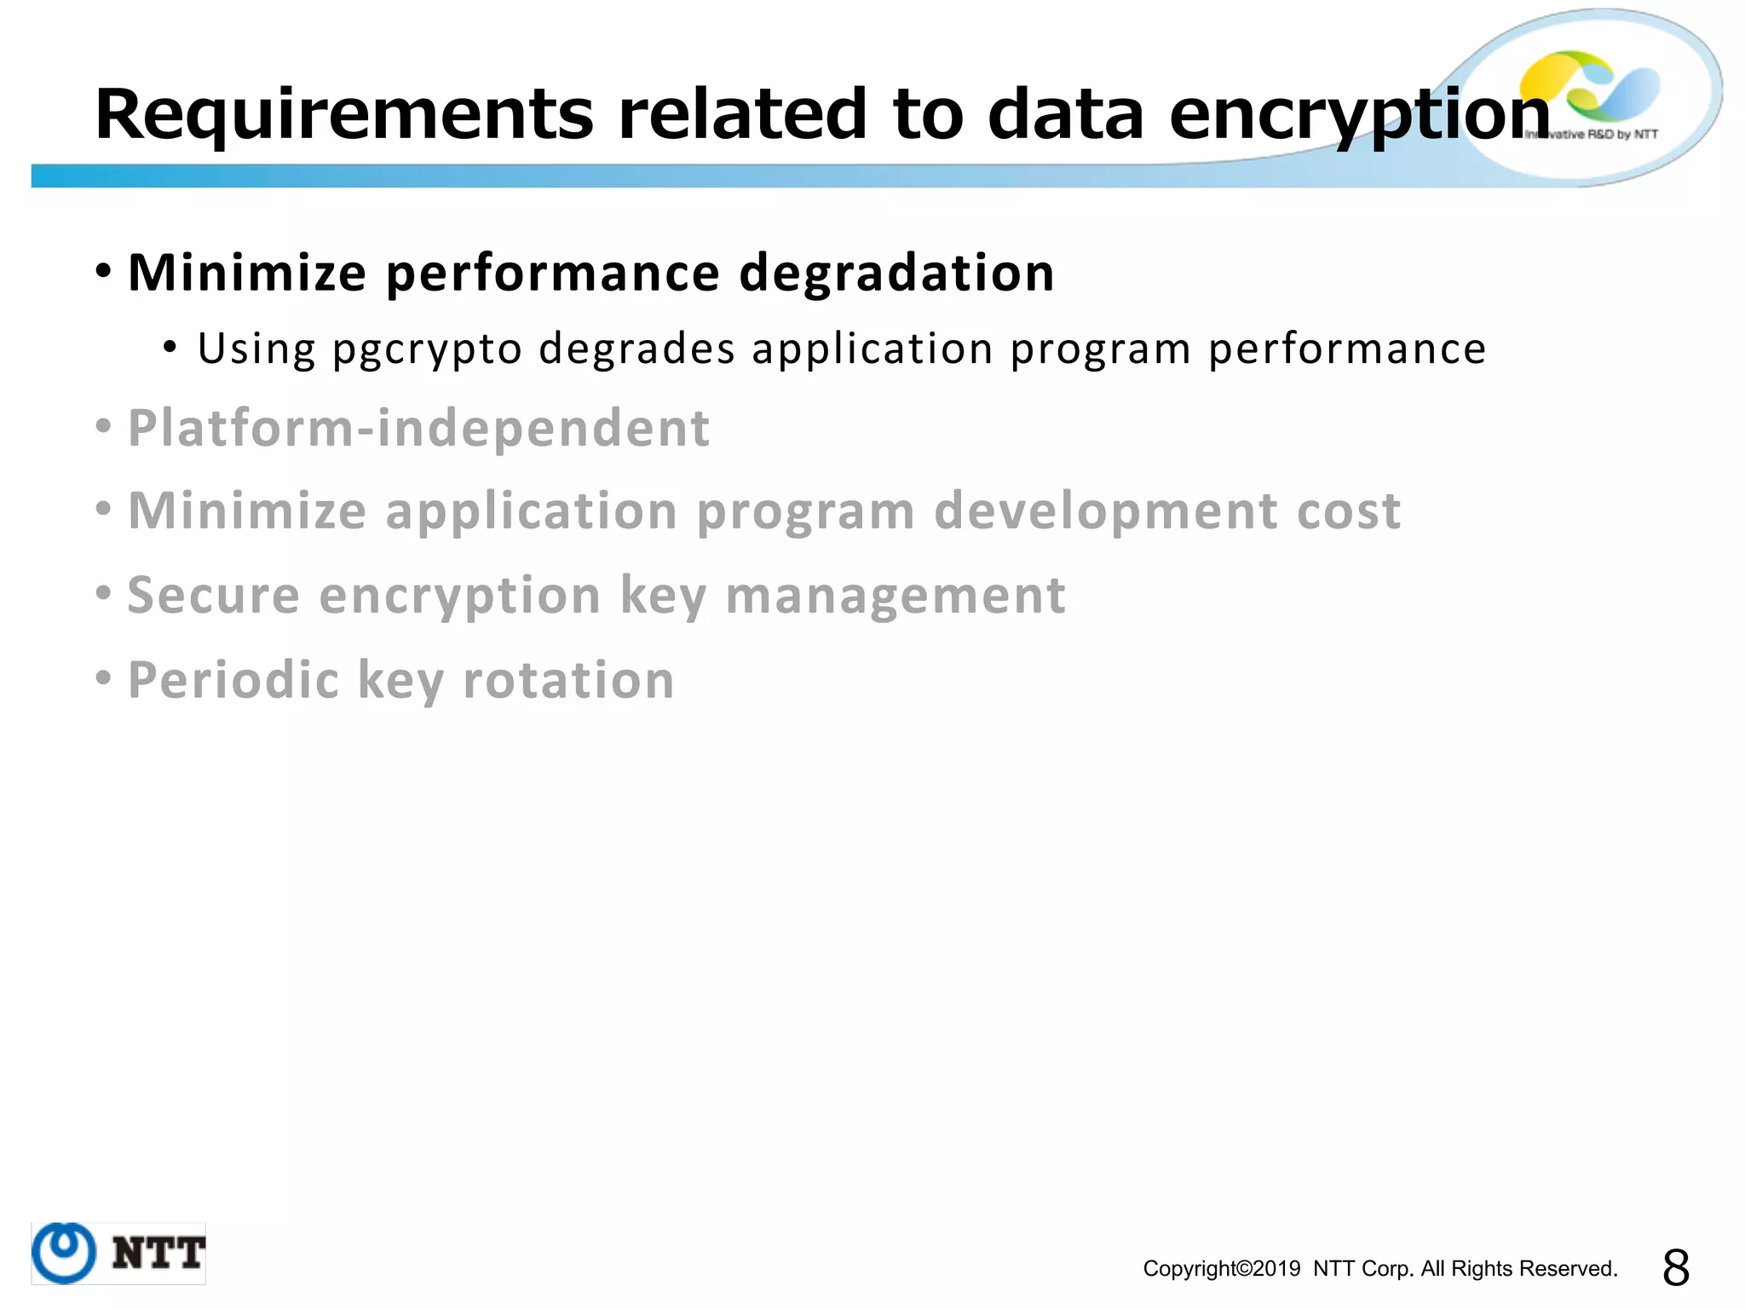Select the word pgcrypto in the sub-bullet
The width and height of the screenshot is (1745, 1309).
427,349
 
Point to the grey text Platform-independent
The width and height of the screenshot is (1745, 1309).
418,428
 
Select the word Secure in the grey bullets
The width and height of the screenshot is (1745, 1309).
214,595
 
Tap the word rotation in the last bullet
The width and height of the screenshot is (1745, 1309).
568,680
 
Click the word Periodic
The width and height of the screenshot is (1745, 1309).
233,680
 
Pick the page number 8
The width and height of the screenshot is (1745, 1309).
1675,1268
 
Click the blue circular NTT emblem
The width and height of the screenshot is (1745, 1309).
64,1253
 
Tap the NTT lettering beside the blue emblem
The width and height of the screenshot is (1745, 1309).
158,1254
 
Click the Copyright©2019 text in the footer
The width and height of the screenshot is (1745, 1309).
1221,1269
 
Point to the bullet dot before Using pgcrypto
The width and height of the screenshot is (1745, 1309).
170,348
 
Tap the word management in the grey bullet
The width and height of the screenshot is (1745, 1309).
895,595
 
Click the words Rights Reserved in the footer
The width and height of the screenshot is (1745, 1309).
1534,1269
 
